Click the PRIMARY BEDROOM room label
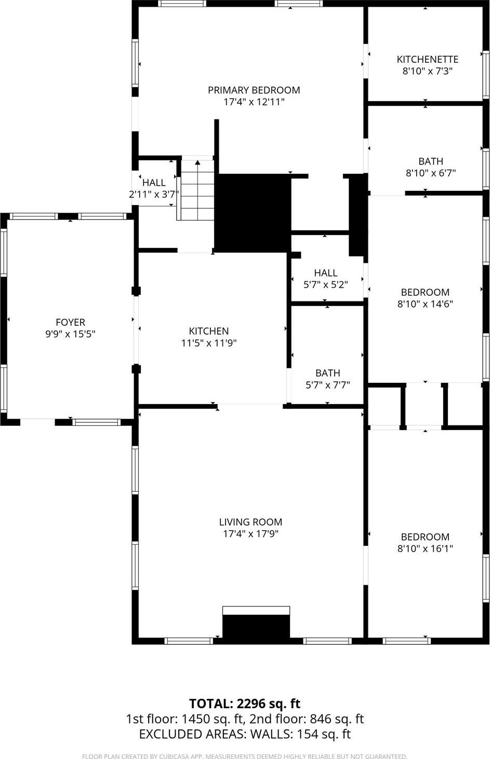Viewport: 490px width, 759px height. (x=254, y=90)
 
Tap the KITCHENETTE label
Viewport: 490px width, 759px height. (x=427, y=60)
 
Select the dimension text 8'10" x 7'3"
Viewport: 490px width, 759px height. (x=427, y=72)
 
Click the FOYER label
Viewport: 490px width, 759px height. (x=70, y=323)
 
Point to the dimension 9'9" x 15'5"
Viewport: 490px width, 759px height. (x=70, y=335)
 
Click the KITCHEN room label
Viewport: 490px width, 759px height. (x=208, y=331)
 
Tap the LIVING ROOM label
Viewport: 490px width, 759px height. (x=250, y=522)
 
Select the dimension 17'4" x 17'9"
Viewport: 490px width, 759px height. (x=250, y=534)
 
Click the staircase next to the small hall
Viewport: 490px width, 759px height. (x=197, y=189)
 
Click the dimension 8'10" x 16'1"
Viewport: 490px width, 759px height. (x=425, y=549)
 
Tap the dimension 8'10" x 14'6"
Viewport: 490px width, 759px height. (x=425, y=304)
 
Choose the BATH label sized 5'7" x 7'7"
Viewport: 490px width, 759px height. (x=327, y=373)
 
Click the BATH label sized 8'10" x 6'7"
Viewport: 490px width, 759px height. (x=431, y=161)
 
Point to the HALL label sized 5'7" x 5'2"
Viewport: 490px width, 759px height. (x=326, y=273)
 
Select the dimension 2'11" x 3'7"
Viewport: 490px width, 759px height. (x=154, y=195)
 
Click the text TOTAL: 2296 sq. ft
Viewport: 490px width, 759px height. (x=245, y=704)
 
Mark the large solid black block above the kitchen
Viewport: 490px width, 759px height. (x=253, y=213)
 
